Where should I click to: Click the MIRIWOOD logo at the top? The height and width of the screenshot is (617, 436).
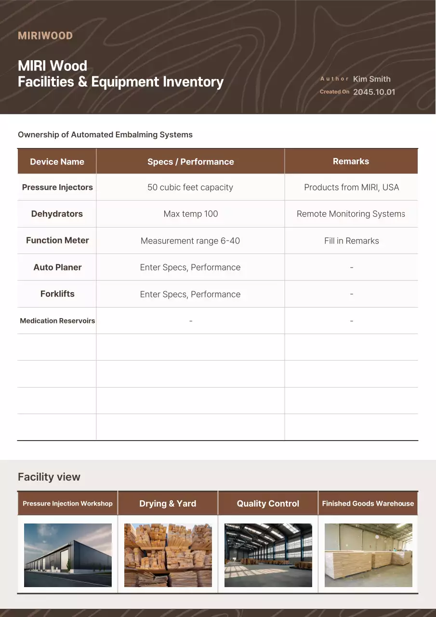[x=45, y=36]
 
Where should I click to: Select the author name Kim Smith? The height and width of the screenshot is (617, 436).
[x=371, y=79]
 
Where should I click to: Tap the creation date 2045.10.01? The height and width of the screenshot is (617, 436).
[x=374, y=92]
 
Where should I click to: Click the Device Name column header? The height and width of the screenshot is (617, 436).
[x=57, y=161]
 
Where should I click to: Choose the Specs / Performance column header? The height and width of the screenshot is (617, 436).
[x=190, y=161]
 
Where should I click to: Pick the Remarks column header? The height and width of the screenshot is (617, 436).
[x=351, y=161]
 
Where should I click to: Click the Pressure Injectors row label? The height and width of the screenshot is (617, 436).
[x=57, y=187]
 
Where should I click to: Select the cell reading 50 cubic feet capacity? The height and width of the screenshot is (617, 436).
[x=190, y=187]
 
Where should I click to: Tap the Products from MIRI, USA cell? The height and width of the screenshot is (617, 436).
[x=351, y=187]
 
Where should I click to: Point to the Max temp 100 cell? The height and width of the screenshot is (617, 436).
[x=190, y=214]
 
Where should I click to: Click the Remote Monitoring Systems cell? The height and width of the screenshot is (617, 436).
[x=351, y=214]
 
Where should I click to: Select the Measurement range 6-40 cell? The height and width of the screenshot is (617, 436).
[x=190, y=241]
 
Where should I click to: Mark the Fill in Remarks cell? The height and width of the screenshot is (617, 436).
[x=351, y=241]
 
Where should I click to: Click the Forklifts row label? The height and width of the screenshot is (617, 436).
[x=57, y=294]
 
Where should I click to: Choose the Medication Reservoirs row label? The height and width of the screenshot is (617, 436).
[x=57, y=321]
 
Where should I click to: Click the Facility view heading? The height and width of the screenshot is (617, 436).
[x=49, y=477]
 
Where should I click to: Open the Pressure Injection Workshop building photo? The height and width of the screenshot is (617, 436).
[x=68, y=555]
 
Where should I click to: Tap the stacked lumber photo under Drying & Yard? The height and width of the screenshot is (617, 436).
[x=168, y=555]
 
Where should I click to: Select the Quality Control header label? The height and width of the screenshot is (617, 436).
[x=268, y=503]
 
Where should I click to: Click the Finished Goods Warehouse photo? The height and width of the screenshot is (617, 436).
[x=369, y=555]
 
